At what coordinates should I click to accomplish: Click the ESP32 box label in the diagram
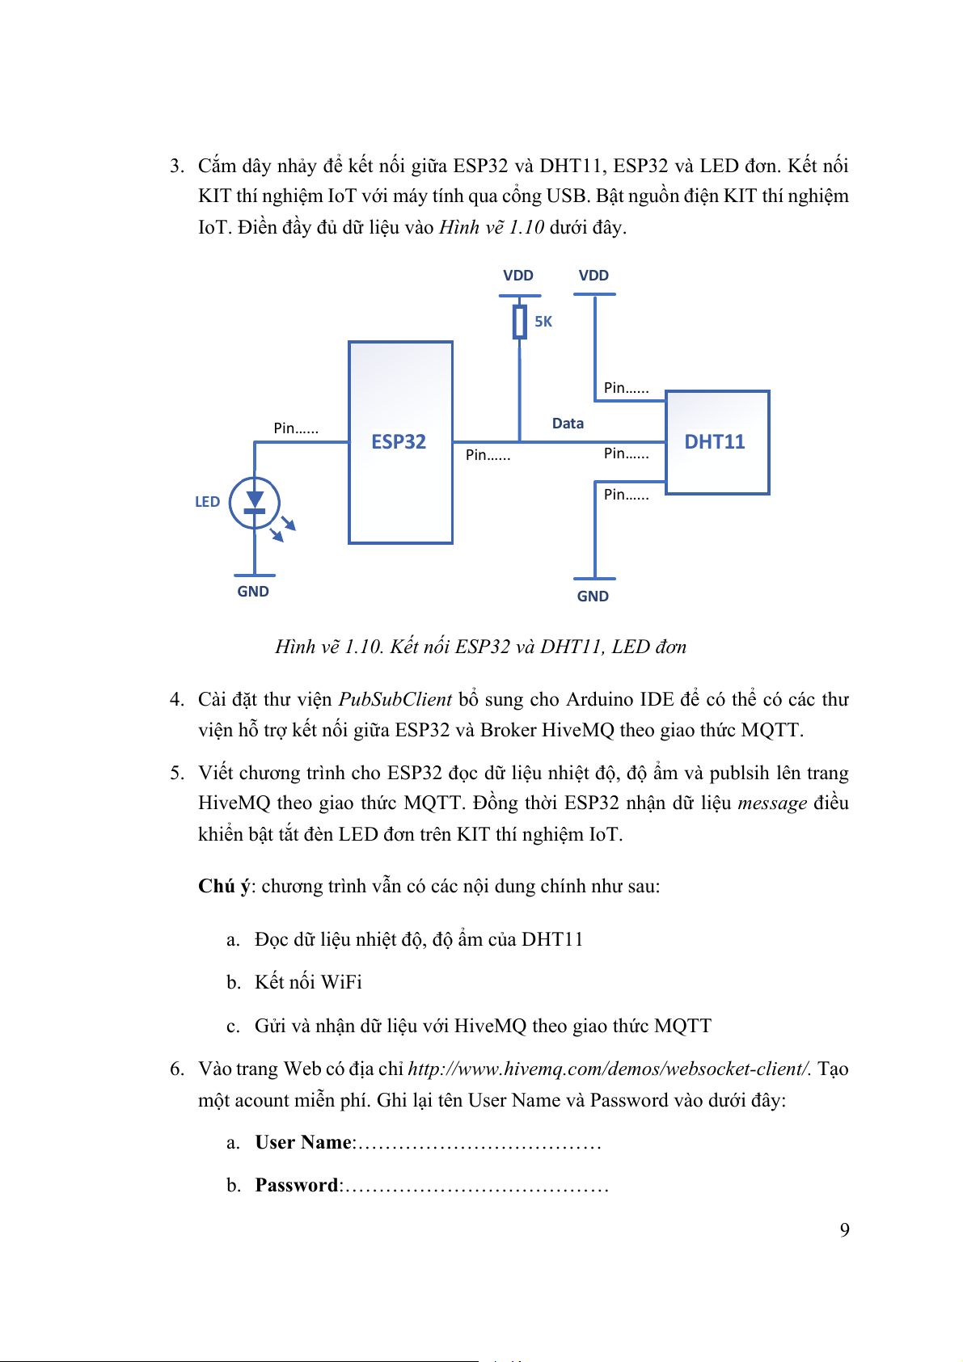click(399, 441)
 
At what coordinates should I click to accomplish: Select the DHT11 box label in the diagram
click(715, 441)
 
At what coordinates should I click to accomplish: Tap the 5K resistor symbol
click(519, 322)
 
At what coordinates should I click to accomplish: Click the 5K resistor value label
click(543, 322)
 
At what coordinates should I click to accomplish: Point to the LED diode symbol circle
click(255, 503)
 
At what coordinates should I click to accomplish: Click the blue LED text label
click(207, 502)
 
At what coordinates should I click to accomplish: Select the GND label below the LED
click(253, 592)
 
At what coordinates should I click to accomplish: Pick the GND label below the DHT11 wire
click(593, 597)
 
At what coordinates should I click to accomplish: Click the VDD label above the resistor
click(518, 276)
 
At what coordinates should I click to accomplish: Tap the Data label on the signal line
click(568, 424)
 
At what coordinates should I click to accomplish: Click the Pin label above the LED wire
click(296, 428)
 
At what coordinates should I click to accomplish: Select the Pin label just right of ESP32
click(488, 455)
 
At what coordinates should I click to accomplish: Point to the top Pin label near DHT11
click(626, 388)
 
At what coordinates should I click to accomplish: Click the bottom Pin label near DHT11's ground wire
click(626, 495)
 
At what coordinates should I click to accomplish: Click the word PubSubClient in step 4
click(395, 699)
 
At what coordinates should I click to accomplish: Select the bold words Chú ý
click(223, 886)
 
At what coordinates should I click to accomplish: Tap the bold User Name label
click(303, 1142)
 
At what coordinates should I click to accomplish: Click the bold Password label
click(297, 1185)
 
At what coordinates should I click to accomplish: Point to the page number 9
click(844, 1230)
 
